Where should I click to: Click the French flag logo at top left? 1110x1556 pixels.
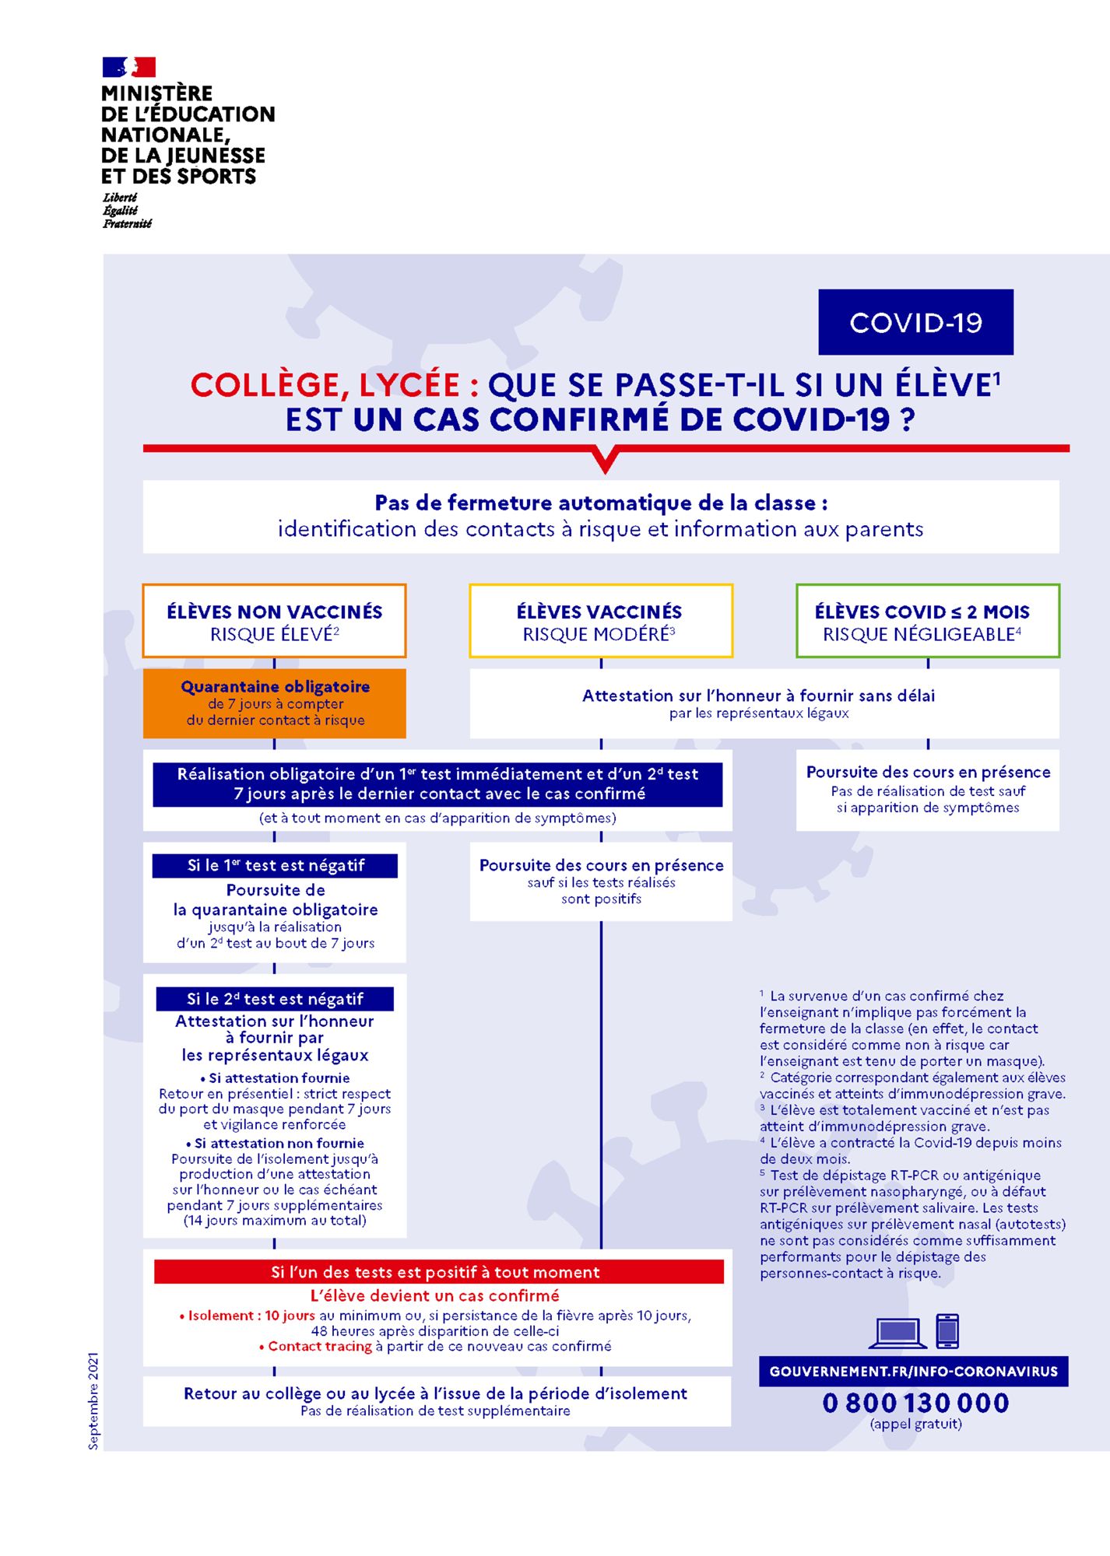click(128, 67)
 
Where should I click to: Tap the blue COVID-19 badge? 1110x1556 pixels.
click(915, 322)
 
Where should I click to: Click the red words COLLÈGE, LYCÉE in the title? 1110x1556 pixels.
click(325, 385)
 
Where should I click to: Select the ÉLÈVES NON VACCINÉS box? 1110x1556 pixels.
click(274, 621)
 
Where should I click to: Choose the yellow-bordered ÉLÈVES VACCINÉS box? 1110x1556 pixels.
click(600, 621)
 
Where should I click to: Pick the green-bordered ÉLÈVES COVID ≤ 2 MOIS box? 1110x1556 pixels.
click(927, 621)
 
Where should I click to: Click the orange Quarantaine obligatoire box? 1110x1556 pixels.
click(274, 703)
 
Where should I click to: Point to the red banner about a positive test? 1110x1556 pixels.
click(438, 1272)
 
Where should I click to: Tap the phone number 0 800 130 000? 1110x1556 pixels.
click(915, 1403)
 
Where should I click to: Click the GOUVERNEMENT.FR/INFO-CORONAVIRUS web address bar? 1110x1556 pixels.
click(913, 1371)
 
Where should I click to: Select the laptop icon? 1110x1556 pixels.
click(897, 1332)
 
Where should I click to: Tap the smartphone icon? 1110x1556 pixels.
click(947, 1330)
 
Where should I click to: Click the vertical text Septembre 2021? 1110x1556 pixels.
click(93, 1401)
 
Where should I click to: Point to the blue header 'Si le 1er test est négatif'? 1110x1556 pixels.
click(275, 865)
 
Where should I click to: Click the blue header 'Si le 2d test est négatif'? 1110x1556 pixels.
click(275, 999)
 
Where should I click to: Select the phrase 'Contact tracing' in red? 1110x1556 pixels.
click(319, 1347)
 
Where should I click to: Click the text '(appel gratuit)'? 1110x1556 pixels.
click(915, 1424)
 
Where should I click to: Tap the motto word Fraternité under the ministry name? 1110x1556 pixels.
click(127, 224)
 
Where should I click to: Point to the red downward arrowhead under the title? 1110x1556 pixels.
click(605, 459)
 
